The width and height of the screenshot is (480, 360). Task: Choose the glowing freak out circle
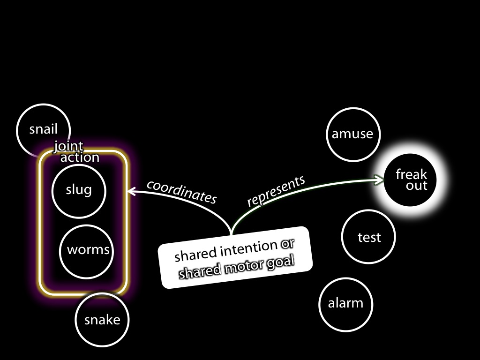[410, 180]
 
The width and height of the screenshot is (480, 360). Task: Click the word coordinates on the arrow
[182, 192]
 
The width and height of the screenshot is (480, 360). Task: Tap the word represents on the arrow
[276, 191]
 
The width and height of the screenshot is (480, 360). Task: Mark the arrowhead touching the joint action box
[132, 192]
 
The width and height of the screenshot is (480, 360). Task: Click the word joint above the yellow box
[68, 146]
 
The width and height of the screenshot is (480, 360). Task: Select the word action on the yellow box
[80, 157]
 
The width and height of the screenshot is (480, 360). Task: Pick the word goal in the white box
[280, 263]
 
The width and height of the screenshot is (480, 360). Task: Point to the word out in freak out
[417, 186]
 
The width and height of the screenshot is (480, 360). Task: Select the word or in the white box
[287, 245]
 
